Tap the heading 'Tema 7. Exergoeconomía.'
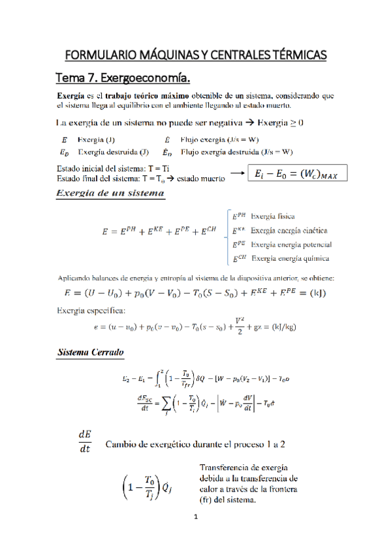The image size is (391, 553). pos(124,79)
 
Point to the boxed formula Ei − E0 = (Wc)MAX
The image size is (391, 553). pos(298,173)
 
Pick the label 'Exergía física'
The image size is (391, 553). pos(272,216)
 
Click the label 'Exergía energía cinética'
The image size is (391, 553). pos(289,230)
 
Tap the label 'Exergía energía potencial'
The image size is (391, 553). pos(290,245)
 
